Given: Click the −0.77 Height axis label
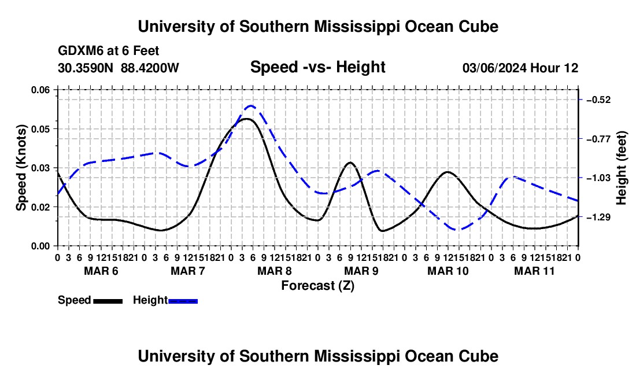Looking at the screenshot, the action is coord(598,139).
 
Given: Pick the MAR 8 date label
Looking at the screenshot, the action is coord(274,271).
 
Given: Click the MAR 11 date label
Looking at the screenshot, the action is coord(534,271).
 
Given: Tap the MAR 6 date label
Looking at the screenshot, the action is coord(101,271).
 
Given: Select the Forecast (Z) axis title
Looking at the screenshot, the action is coord(317,286).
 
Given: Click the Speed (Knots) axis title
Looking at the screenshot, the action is coord(21,168).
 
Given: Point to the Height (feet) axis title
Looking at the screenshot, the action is coord(621,168).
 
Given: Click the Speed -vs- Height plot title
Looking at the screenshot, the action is coord(317,67).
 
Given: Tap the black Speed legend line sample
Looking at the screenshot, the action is coord(108,301).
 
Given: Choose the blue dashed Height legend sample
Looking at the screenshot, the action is coord(183,301).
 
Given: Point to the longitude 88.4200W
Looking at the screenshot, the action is coord(150,68).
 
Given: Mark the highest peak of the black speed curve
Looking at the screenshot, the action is coord(246,119).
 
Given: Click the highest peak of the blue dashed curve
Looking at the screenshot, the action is coord(251,105).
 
